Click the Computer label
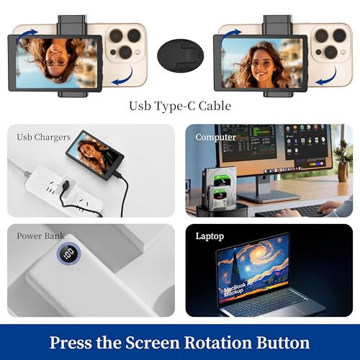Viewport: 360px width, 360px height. tap(216, 137)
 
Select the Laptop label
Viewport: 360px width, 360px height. tap(210, 235)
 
